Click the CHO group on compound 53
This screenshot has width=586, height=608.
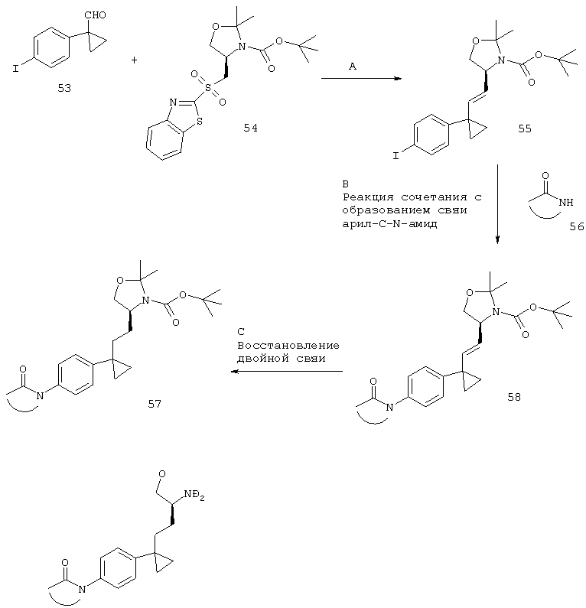95,15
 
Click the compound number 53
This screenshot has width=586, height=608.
64,89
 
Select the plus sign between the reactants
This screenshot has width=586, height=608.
134,60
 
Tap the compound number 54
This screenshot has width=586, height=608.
250,128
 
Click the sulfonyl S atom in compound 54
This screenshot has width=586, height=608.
209,89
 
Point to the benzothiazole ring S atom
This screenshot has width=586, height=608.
200,122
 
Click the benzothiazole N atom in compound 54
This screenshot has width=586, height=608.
173,102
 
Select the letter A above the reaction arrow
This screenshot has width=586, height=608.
352,67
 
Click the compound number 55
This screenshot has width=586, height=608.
525,128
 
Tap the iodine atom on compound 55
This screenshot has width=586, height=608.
396,156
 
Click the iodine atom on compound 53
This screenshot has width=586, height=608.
16,69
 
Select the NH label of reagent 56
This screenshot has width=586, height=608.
566,202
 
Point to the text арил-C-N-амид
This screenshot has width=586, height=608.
389,224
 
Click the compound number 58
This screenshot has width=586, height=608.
514,397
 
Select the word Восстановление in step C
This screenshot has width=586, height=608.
288,345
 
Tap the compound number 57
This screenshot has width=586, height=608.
155,404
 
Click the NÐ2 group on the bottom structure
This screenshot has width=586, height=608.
194,495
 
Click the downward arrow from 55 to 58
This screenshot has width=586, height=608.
497,204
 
